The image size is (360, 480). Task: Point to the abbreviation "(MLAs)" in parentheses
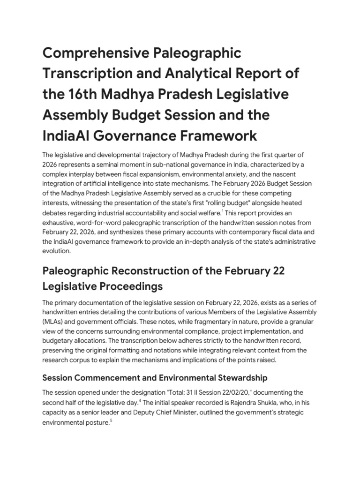click(x=54, y=321)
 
